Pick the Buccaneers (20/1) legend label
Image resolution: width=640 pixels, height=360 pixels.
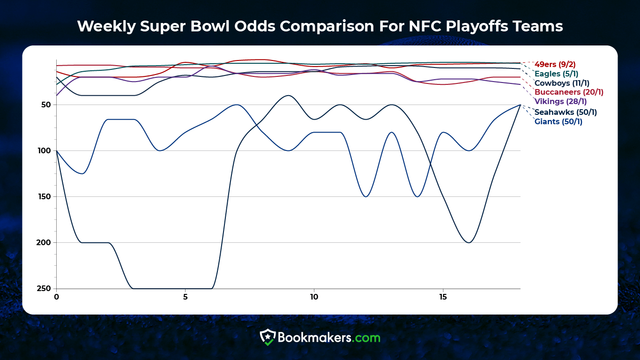(x=569, y=92)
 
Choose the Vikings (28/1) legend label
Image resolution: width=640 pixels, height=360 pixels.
(x=560, y=101)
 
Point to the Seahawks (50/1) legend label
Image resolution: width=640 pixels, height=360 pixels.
(x=566, y=112)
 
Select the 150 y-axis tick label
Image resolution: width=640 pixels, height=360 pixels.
(x=45, y=196)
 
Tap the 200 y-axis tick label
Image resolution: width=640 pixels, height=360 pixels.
(x=45, y=242)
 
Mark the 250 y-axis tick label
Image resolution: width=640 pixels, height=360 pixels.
(x=45, y=288)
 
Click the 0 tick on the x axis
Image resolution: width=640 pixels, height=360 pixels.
(x=56, y=297)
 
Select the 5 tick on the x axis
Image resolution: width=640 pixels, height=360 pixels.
(x=185, y=297)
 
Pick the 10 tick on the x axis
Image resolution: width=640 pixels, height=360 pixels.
(x=314, y=297)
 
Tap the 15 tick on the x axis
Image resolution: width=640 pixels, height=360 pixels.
(x=443, y=297)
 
